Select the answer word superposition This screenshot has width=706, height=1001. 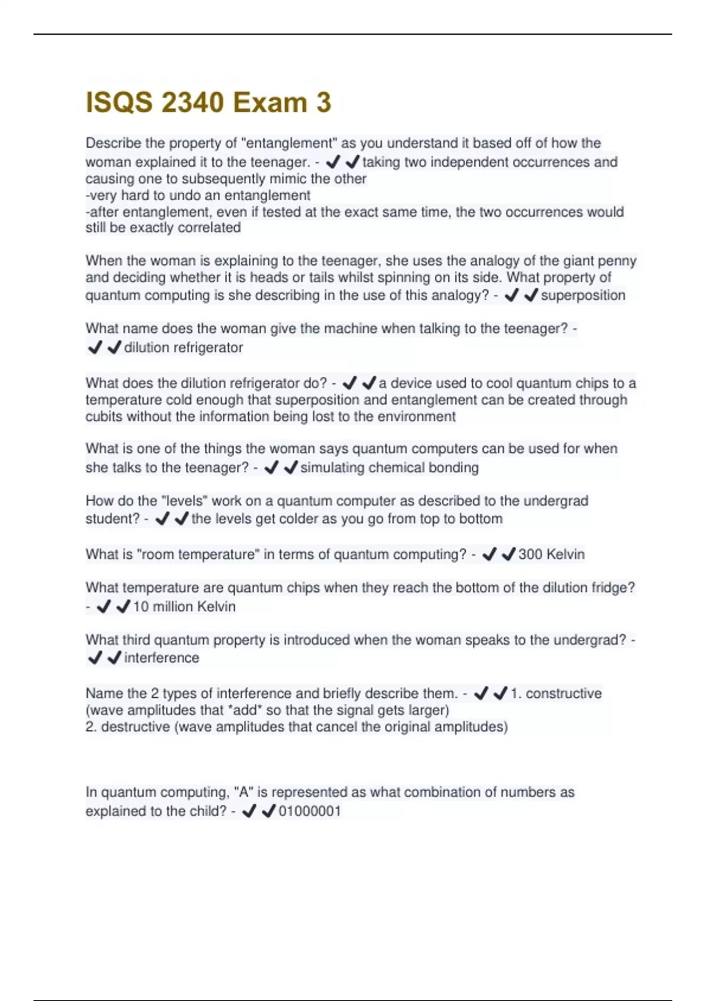(583, 295)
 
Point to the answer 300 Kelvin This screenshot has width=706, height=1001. (551, 554)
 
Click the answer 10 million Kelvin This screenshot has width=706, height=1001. (184, 606)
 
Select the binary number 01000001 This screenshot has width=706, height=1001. (309, 811)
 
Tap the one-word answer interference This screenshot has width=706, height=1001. (162, 658)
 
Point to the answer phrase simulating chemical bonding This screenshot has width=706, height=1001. (389, 468)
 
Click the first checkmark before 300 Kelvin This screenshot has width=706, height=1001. (489, 554)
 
